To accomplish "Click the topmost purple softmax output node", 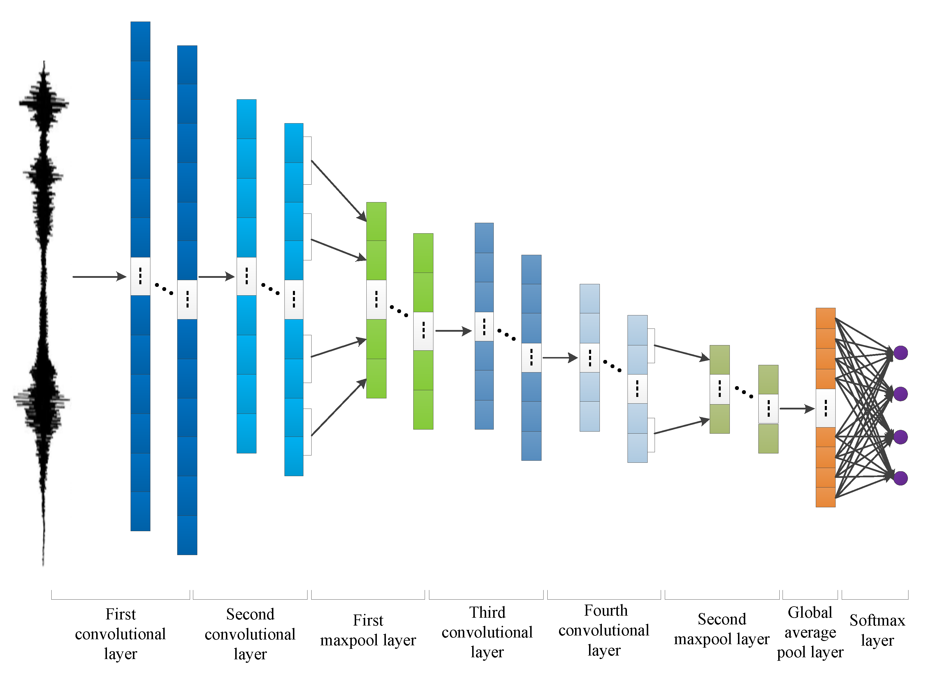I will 900,353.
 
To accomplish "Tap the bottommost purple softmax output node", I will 900,478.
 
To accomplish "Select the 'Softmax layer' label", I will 877,630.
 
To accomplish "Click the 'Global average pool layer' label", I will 810,632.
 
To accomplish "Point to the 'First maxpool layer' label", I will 368,630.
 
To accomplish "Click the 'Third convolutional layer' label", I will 487,632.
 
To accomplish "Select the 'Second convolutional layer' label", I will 250,634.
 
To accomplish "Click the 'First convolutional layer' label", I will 120,634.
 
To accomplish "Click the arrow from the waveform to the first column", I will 99,277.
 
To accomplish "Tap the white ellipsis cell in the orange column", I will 825,408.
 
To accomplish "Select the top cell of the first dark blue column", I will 140,41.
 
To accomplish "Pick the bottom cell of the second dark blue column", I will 187,535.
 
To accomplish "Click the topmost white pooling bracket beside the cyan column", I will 307,160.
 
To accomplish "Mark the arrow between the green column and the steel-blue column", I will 453,331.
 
